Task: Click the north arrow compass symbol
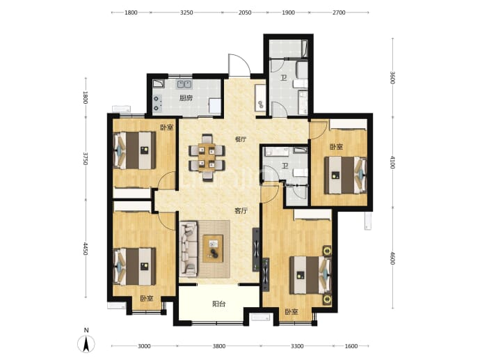pyautogui.click(x=87, y=343)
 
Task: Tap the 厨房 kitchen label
pyautogui.click(x=186, y=98)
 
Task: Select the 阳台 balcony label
pyautogui.click(x=219, y=304)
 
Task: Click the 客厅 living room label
pyautogui.click(x=241, y=211)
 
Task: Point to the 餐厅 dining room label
pyautogui.click(x=241, y=139)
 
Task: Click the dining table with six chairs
pyautogui.click(x=207, y=157)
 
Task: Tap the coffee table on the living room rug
pyautogui.click(x=213, y=248)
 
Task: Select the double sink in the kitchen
pyautogui.click(x=184, y=84)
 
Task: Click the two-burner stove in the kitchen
pyautogui.click(x=158, y=103)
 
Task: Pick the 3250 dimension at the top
pyautogui.click(x=186, y=13)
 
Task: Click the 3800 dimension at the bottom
pyautogui.click(x=219, y=346)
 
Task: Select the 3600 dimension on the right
pyautogui.click(x=393, y=77)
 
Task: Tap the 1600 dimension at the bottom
pyautogui.click(x=351, y=346)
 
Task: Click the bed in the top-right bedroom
pyautogui.click(x=346, y=175)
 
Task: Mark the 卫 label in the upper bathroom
pyautogui.click(x=284, y=78)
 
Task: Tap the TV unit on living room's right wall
pyautogui.click(x=256, y=250)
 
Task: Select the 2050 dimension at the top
pyautogui.click(x=245, y=13)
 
